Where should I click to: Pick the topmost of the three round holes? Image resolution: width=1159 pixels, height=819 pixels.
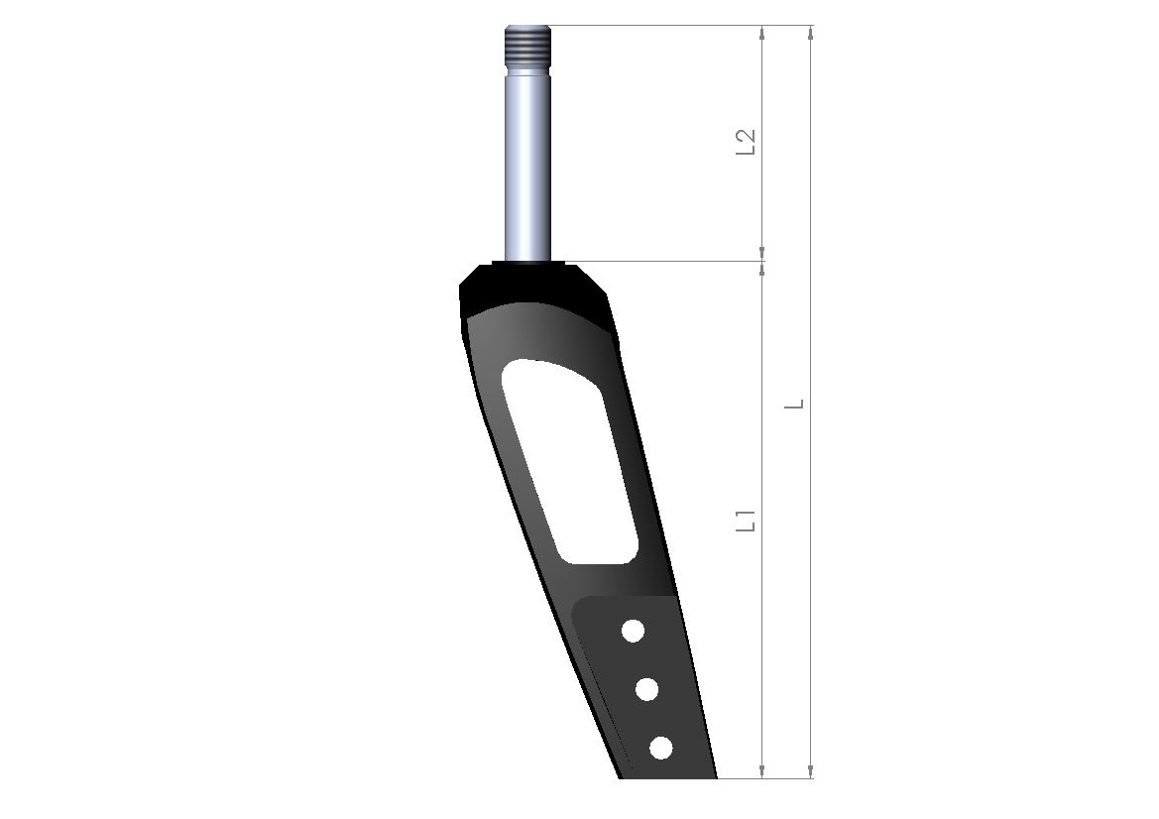click(x=633, y=630)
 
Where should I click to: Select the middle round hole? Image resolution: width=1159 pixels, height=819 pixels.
click(x=647, y=689)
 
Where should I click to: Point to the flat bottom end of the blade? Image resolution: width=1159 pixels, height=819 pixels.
click(x=667, y=776)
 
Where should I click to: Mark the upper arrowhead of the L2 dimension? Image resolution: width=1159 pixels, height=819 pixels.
click(x=761, y=33)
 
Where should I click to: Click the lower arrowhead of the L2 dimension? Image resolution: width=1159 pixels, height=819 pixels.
click(x=761, y=254)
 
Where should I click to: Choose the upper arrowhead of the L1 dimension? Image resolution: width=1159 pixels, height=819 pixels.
click(x=761, y=270)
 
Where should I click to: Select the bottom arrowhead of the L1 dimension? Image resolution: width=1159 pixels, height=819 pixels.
click(x=761, y=770)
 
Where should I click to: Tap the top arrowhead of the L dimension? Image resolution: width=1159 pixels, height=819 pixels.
click(x=811, y=33)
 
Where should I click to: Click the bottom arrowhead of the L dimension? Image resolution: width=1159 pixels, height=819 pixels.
click(x=811, y=770)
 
